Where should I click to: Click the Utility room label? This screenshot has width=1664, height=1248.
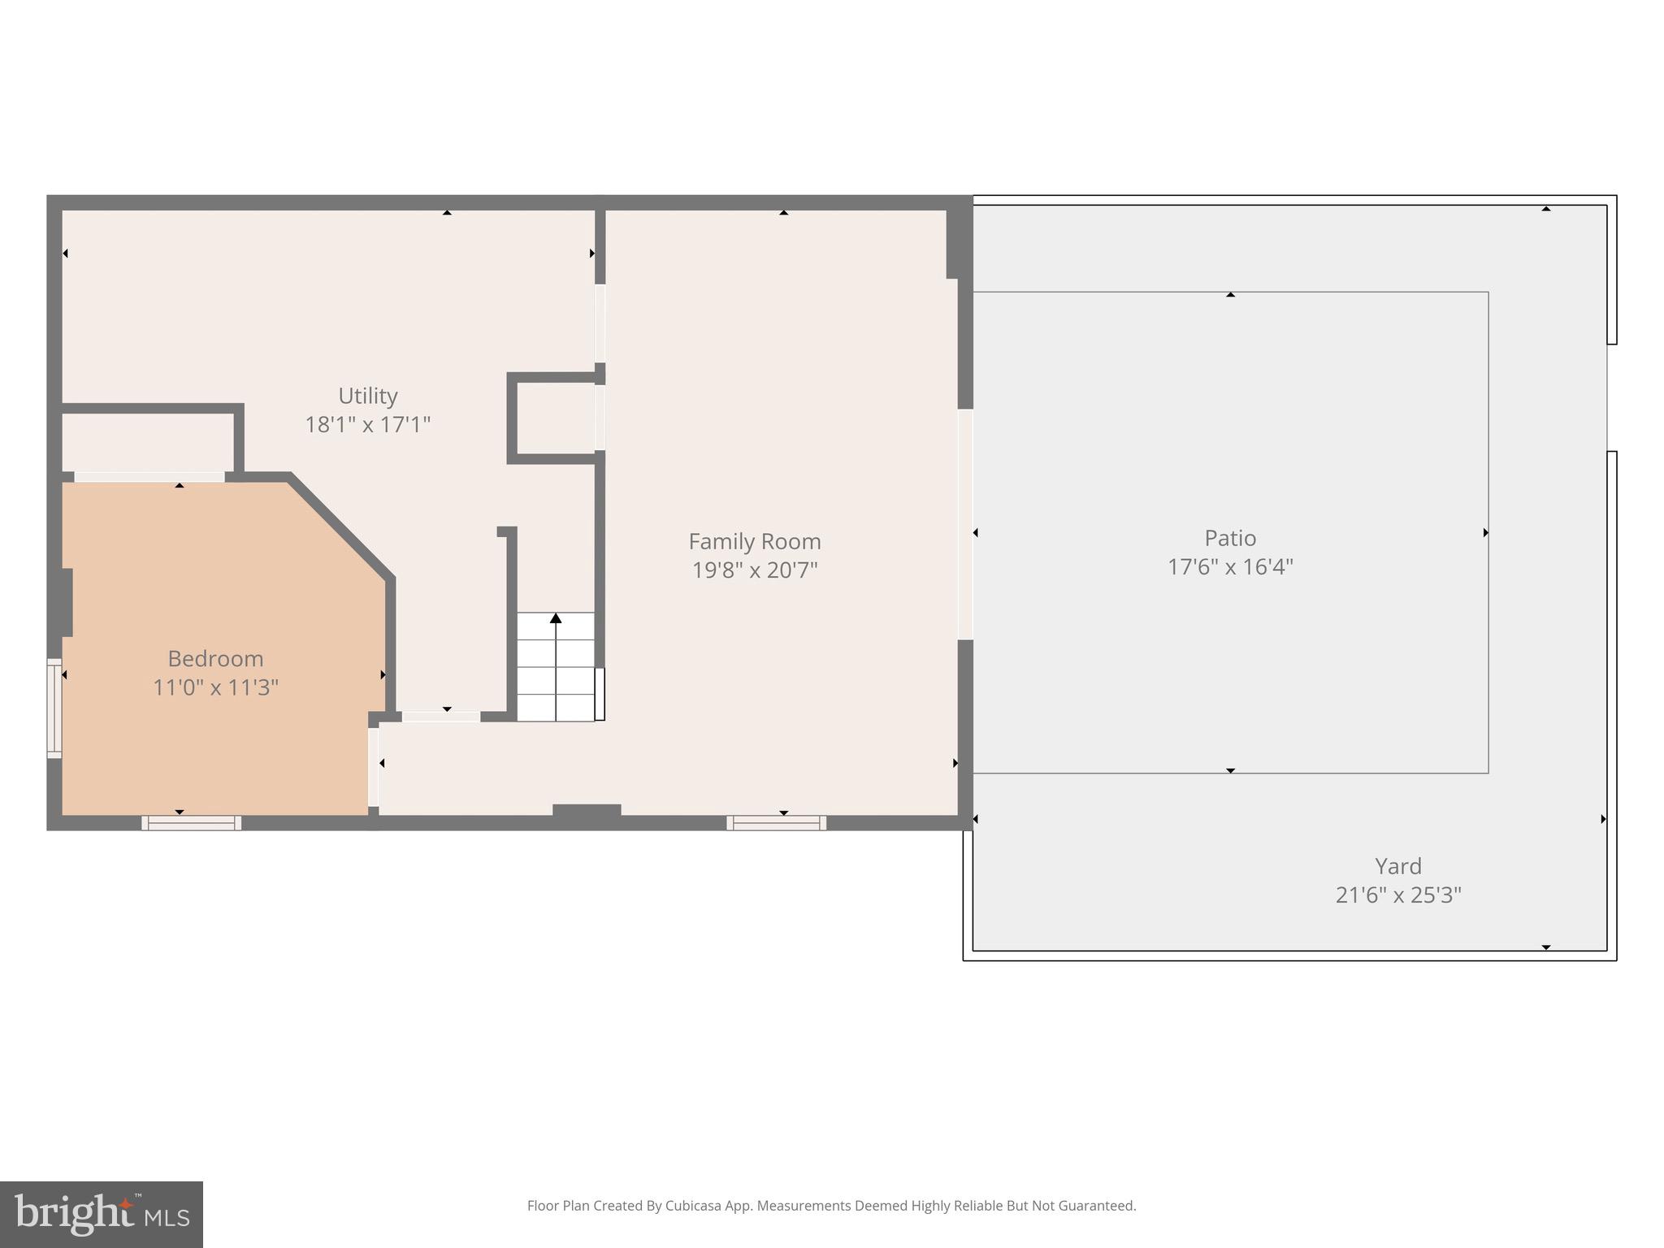pos(367,396)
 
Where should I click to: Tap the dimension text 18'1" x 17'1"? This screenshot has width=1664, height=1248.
pos(367,425)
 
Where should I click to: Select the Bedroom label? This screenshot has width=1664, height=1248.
pos(215,658)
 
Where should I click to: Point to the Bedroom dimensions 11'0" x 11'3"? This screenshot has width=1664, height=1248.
pos(215,687)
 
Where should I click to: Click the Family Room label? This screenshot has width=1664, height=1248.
pos(754,541)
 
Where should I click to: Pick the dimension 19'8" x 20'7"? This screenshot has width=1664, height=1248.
pos(754,570)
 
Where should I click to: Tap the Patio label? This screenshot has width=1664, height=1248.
pos(1229,538)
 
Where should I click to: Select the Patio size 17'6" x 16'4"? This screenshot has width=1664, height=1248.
pos(1229,567)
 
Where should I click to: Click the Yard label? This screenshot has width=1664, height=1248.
pos(1397,866)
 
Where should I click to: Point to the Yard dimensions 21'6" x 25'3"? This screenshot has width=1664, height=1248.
pos(1397,895)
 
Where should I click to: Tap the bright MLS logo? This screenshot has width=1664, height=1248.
pos(102,1214)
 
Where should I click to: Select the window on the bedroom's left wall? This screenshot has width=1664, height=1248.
pos(54,708)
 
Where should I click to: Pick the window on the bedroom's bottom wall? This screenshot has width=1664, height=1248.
pos(192,823)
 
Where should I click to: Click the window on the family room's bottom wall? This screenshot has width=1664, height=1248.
pos(776,823)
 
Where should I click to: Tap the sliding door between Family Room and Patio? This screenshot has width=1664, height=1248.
pos(965,524)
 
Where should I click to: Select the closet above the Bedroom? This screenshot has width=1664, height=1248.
pos(148,443)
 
